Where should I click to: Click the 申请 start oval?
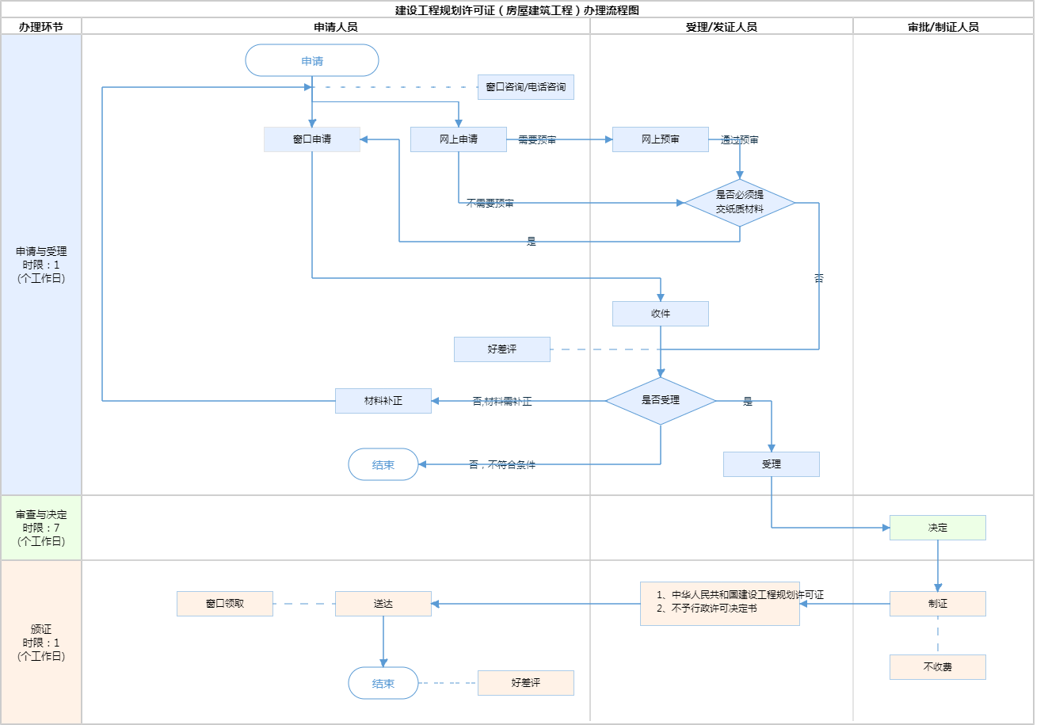(x=312, y=60)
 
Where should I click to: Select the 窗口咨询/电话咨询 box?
(x=525, y=87)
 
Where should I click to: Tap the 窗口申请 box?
(x=312, y=139)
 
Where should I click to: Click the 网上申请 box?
(x=459, y=139)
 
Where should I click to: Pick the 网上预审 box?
(x=661, y=139)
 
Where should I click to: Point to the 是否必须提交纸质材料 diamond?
(x=740, y=203)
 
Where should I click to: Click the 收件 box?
(x=661, y=314)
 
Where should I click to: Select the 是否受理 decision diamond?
(x=661, y=401)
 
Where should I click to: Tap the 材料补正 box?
(x=383, y=401)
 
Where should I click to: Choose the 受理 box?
(x=772, y=464)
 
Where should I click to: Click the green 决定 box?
(x=938, y=528)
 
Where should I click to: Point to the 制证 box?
(x=938, y=604)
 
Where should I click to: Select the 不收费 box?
(x=938, y=667)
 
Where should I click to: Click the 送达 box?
(x=383, y=604)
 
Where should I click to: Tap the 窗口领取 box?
(x=225, y=604)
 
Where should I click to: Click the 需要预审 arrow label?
(x=537, y=140)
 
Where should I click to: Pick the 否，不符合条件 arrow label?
(x=502, y=465)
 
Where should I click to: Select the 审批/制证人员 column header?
(x=943, y=27)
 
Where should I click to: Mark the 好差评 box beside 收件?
(x=502, y=349)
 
